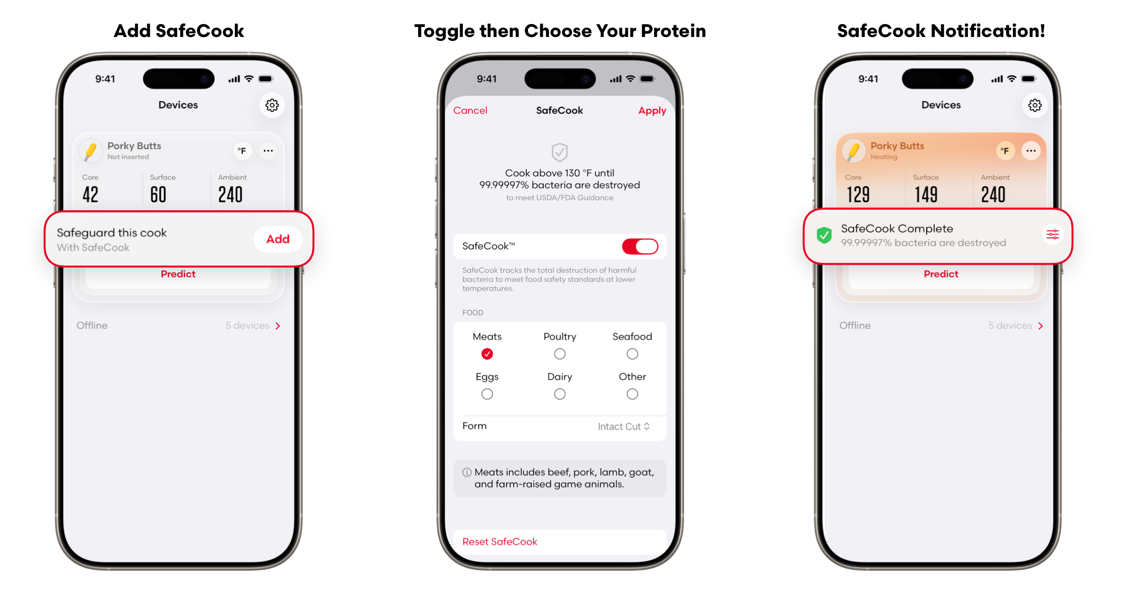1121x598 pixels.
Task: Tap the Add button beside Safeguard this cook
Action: [277, 239]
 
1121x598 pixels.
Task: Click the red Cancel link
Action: [470, 110]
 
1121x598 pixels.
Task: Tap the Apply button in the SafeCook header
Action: [652, 111]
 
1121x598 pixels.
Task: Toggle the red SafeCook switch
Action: [640, 246]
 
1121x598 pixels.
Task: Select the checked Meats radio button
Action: [487, 354]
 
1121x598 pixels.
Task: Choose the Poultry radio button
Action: [559, 354]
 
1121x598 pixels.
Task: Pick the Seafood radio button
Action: [632, 354]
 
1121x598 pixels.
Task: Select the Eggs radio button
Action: [487, 394]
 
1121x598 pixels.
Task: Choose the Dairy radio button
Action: [559, 394]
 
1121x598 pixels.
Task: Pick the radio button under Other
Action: [632, 394]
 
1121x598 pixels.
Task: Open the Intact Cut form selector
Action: [624, 427]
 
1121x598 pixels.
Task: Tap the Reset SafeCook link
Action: [499, 541]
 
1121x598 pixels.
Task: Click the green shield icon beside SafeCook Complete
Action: [824, 235]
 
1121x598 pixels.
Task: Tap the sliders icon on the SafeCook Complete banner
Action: [1053, 234]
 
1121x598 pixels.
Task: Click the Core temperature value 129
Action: [858, 194]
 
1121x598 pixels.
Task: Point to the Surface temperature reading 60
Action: [158, 194]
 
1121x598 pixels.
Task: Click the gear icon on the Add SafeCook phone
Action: [272, 105]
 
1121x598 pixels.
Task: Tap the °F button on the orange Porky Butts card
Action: [1005, 151]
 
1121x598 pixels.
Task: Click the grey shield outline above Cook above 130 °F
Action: [559, 152]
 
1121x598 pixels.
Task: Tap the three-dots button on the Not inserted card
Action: [268, 151]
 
